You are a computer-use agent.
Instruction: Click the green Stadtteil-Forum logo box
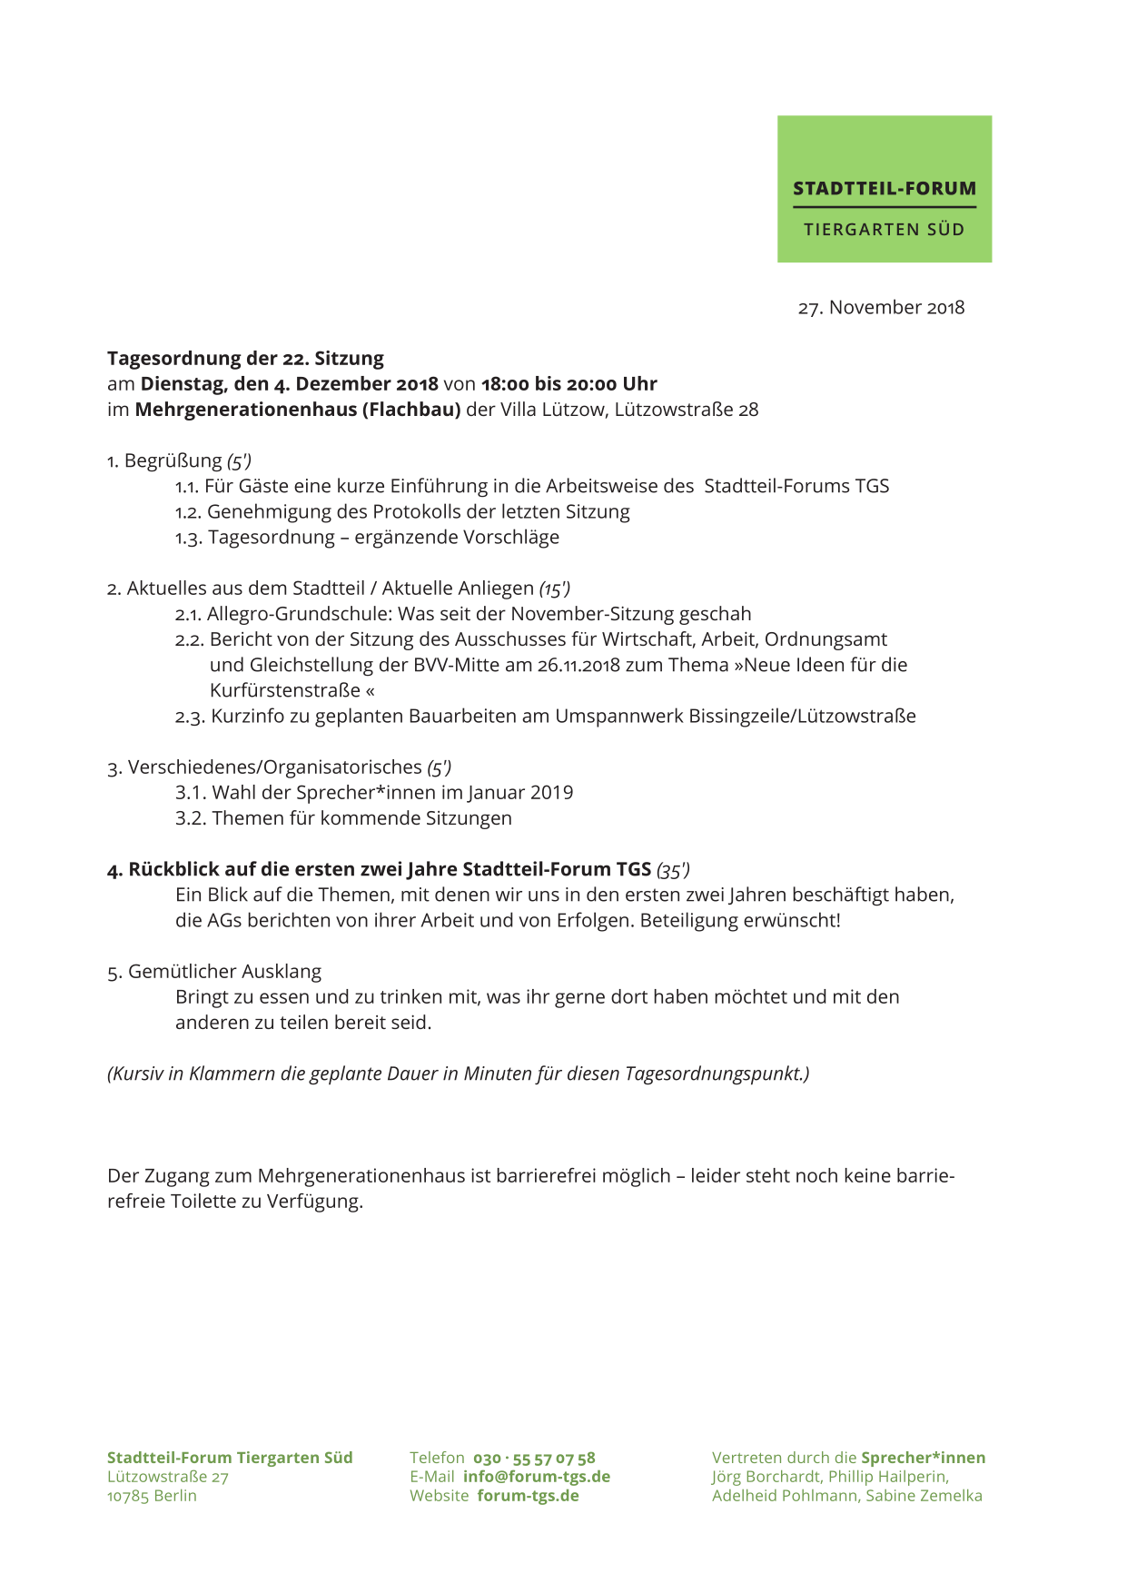884,189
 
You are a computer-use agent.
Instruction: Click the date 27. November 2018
881,308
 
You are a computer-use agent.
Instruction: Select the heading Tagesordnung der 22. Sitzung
245,359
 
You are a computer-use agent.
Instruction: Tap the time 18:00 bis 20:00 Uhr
568,384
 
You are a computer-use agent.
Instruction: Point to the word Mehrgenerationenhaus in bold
246,410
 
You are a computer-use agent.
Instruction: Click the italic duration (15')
554,589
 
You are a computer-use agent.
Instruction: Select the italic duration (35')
673,870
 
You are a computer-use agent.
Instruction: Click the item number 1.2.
187,512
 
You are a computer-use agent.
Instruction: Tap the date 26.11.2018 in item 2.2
578,665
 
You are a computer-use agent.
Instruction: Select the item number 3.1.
189,793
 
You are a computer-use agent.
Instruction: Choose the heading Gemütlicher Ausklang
224,972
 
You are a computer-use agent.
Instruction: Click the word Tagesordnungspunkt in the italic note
714,1074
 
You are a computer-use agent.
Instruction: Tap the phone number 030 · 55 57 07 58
534,1459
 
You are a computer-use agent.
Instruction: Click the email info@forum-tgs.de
536,1477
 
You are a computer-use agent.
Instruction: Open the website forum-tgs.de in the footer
528,1496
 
